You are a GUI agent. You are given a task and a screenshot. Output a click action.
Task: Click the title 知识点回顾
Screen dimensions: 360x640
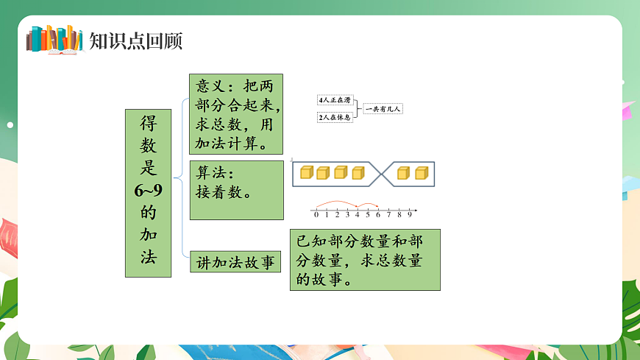pos(135,40)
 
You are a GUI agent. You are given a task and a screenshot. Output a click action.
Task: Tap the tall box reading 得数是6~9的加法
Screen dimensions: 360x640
pos(148,193)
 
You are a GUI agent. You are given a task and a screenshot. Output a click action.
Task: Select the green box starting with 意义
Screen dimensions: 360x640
pos(236,112)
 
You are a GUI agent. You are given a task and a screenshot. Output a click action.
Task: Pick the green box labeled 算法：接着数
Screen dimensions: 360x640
pos(236,190)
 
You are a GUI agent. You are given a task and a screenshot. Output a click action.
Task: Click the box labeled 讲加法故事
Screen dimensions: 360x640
pos(235,262)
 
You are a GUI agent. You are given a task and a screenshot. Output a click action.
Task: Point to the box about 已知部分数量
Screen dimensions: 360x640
pos(365,260)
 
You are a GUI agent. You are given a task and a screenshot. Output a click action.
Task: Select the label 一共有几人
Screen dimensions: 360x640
pos(384,108)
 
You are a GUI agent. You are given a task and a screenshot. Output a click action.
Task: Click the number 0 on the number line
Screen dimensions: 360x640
pos(316,215)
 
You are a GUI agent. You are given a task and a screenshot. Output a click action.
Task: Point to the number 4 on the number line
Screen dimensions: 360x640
pos(358,215)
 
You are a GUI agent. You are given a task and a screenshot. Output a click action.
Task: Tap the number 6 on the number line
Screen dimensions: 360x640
pos(378,215)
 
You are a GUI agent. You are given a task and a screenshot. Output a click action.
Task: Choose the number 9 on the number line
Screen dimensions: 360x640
pos(409,215)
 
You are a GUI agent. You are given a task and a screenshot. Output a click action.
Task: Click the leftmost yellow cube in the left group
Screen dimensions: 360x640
pos(306,173)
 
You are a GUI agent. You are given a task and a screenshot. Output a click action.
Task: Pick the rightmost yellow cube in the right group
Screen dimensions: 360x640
pos(420,173)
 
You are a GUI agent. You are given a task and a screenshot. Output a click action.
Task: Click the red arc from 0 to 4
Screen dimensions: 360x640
pos(337,202)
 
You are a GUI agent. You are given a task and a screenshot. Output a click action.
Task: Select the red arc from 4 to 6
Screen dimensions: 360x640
pos(368,205)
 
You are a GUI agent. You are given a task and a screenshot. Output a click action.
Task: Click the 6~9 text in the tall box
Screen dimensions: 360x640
pos(148,191)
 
